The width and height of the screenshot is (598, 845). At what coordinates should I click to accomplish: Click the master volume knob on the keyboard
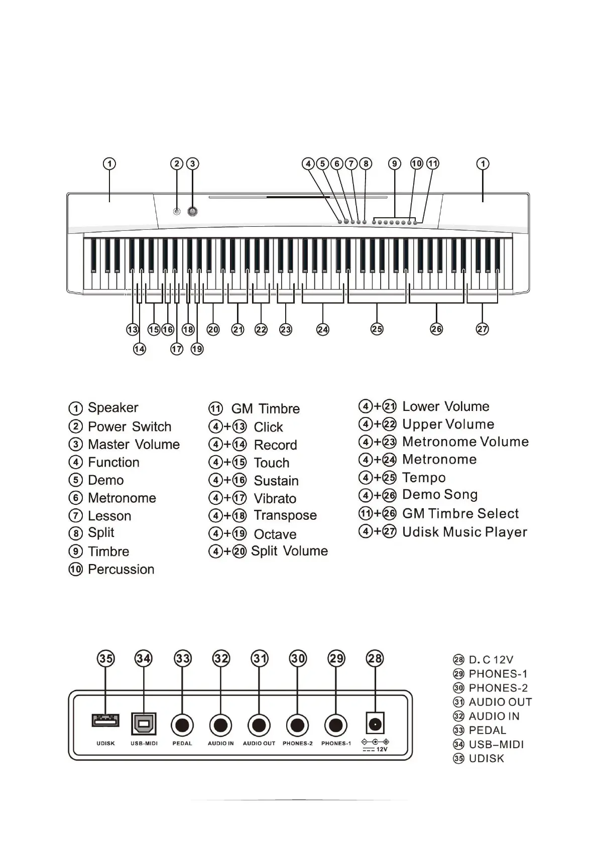(192, 211)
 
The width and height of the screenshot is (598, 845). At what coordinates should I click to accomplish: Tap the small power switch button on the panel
(176, 211)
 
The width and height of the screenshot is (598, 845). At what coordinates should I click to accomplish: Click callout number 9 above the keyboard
(395, 164)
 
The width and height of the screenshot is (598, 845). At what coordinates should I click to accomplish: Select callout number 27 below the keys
(482, 329)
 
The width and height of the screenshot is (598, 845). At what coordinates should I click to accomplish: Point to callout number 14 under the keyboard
(140, 349)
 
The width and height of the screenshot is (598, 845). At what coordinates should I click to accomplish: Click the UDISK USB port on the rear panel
(105, 721)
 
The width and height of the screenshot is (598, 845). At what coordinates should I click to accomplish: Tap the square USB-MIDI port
(144, 724)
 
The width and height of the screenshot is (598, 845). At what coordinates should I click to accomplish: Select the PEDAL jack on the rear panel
(182, 725)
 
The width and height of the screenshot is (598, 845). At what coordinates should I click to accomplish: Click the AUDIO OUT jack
(259, 725)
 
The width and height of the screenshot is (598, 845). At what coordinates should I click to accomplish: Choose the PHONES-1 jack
(336, 725)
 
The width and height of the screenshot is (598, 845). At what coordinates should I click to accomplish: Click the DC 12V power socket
(376, 724)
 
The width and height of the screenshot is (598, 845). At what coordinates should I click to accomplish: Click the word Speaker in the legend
(113, 407)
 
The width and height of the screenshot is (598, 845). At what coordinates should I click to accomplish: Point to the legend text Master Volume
(134, 445)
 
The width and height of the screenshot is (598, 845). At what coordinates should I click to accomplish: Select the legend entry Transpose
(285, 515)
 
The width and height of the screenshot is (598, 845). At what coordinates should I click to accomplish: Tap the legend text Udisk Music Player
(464, 532)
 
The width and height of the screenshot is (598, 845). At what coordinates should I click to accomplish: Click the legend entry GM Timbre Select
(460, 513)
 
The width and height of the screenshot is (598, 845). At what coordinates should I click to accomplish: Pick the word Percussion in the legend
(121, 570)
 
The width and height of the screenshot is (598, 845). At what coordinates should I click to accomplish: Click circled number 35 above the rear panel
(105, 658)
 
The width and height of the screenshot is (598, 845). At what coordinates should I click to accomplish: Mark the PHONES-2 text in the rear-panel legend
(498, 688)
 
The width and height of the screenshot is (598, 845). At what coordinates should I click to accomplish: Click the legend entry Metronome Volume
(465, 442)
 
